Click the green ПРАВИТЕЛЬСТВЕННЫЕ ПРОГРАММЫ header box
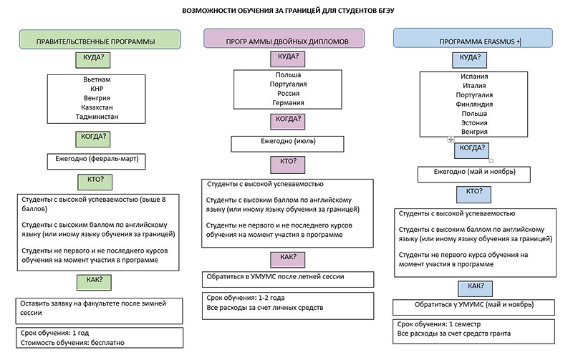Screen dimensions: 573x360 click(100, 39)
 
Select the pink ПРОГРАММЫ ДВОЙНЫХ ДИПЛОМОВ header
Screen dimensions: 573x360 click(284, 39)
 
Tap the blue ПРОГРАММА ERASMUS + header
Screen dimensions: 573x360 click(473, 38)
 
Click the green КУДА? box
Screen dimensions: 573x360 click(93, 60)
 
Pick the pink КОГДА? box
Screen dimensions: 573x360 click(288, 122)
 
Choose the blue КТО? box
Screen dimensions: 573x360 click(473, 194)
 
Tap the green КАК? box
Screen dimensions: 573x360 click(95, 283)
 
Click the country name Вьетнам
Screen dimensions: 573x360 click(97, 79)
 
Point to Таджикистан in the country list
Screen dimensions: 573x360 click(97, 117)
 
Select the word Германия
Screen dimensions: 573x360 click(288, 102)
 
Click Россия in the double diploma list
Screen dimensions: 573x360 click(288, 93)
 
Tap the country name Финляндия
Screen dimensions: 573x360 click(474, 104)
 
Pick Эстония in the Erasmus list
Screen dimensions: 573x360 click(474, 122)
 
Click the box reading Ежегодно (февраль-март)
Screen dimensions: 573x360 click(97, 161)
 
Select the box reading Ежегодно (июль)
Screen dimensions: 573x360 click(288, 144)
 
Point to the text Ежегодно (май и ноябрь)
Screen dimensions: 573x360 click(474, 171)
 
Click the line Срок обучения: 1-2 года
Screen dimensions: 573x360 click(245, 298)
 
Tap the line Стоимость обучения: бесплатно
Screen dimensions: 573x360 click(72, 343)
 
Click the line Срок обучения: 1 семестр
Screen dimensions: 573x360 click(439, 323)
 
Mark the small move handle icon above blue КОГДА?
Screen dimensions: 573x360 click(451, 140)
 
